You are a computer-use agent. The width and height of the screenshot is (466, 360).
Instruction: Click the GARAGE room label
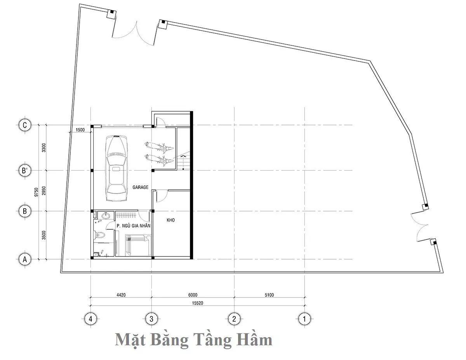click(141, 187)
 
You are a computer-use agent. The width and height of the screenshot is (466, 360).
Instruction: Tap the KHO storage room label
click(171, 220)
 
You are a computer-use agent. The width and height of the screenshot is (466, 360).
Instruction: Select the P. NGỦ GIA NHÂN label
click(133, 225)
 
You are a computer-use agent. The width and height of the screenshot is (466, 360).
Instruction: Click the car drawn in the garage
click(116, 168)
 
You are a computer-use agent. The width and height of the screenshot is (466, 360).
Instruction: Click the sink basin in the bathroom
click(106, 215)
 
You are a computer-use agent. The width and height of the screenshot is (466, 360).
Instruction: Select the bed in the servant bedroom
click(138, 245)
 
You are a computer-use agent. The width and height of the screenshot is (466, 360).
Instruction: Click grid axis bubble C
click(25, 125)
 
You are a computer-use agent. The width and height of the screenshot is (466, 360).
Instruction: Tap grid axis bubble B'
click(25, 171)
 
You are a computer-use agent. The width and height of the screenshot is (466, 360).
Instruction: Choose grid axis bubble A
click(25, 260)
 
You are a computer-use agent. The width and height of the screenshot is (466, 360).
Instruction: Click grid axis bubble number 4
click(90, 319)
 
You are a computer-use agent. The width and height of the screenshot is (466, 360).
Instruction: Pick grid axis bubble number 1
click(304, 319)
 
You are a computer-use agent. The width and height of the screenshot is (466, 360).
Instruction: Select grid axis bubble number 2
click(234, 319)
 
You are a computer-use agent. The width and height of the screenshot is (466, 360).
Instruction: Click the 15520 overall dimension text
click(198, 303)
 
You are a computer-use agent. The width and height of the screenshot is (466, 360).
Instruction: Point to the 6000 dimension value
click(193, 295)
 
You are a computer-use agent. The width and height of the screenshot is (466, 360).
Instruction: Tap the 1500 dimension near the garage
click(80, 130)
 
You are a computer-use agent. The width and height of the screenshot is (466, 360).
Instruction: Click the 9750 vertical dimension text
click(36, 192)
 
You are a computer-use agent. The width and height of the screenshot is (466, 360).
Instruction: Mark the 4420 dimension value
click(121, 295)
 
